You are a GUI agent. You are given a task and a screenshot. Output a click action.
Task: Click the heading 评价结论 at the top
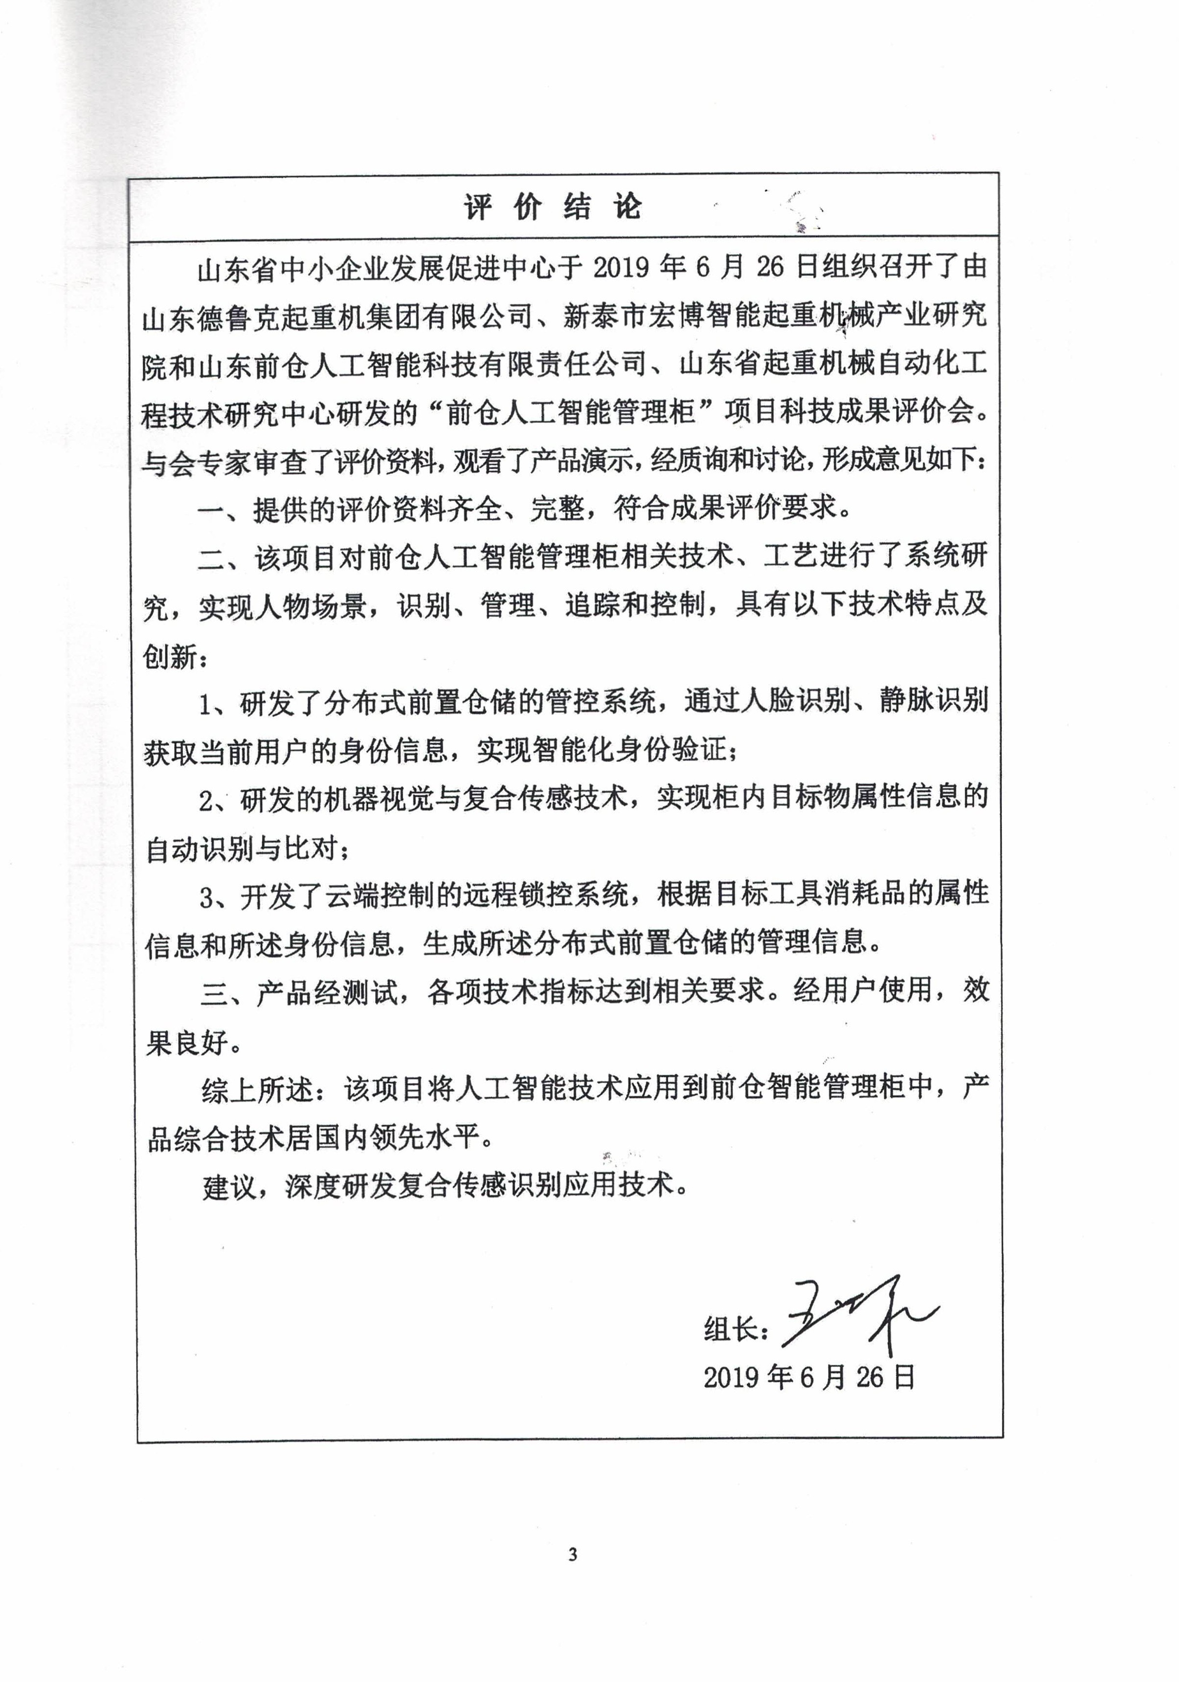(553, 207)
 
